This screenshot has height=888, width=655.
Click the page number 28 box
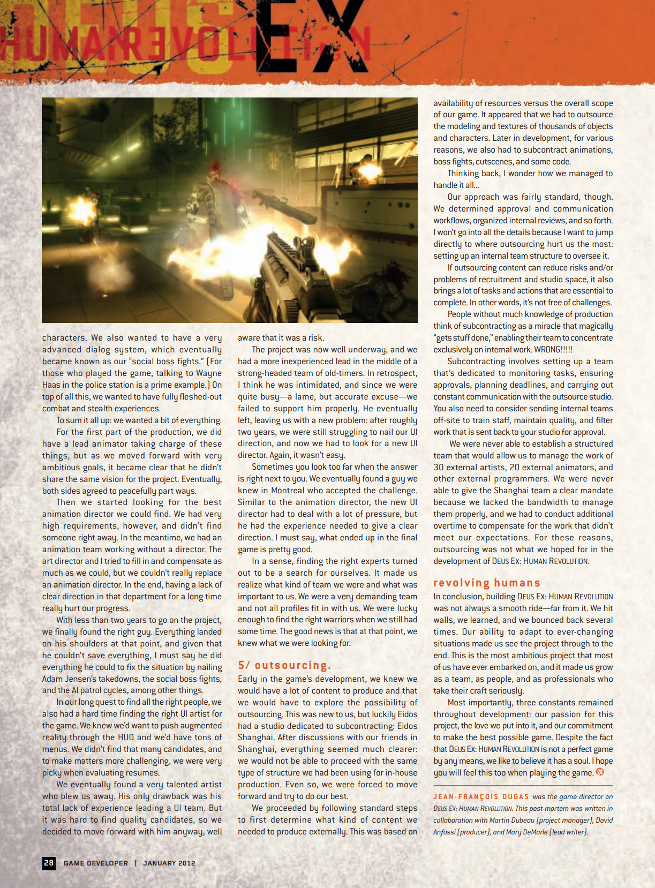tap(49, 863)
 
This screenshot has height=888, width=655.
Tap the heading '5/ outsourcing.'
tap(284, 665)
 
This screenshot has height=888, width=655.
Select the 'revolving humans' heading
tap(486, 583)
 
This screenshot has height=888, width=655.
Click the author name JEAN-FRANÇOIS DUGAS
tap(481, 797)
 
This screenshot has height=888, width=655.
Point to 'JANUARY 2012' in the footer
tap(169, 863)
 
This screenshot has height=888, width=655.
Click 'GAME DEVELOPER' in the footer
tap(95, 863)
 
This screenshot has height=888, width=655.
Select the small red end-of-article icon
tap(600, 772)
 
